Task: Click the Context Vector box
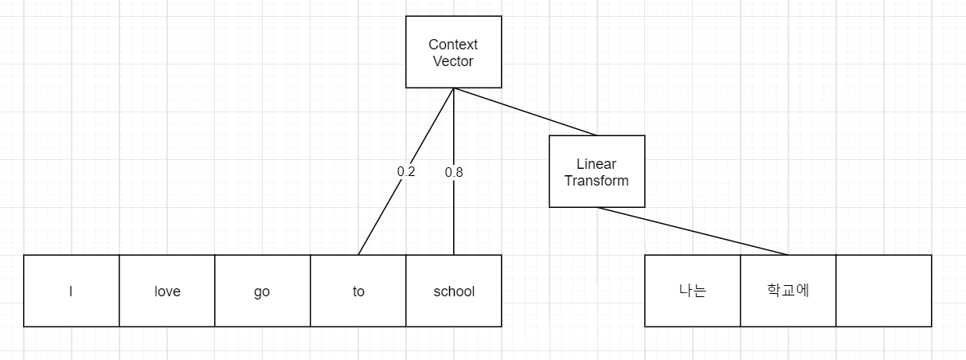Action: [x=453, y=52]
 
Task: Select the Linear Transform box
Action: [x=596, y=171]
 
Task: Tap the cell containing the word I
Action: [x=72, y=291]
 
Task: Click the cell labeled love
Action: [x=167, y=291]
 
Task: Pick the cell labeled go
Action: [x=262, y=291]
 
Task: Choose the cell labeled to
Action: [x=358, y=291]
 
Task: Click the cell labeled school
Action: [x=454, y=291]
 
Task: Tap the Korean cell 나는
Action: [x=692, y=291]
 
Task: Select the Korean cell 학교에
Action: [x=788, y=291]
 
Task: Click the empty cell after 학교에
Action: [x=883, y=291]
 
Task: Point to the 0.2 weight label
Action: [x=406, y=171]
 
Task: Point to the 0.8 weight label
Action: [x=454, y=171]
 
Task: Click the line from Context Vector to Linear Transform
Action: [x=526, y=112]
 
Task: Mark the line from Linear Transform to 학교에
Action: [x=693, y=231]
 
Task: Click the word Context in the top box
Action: [x=453, y=45]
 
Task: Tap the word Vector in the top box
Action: [x=453, y=61]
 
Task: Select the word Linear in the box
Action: [x=596, y=164]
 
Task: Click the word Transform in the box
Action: [x=596, y=180]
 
